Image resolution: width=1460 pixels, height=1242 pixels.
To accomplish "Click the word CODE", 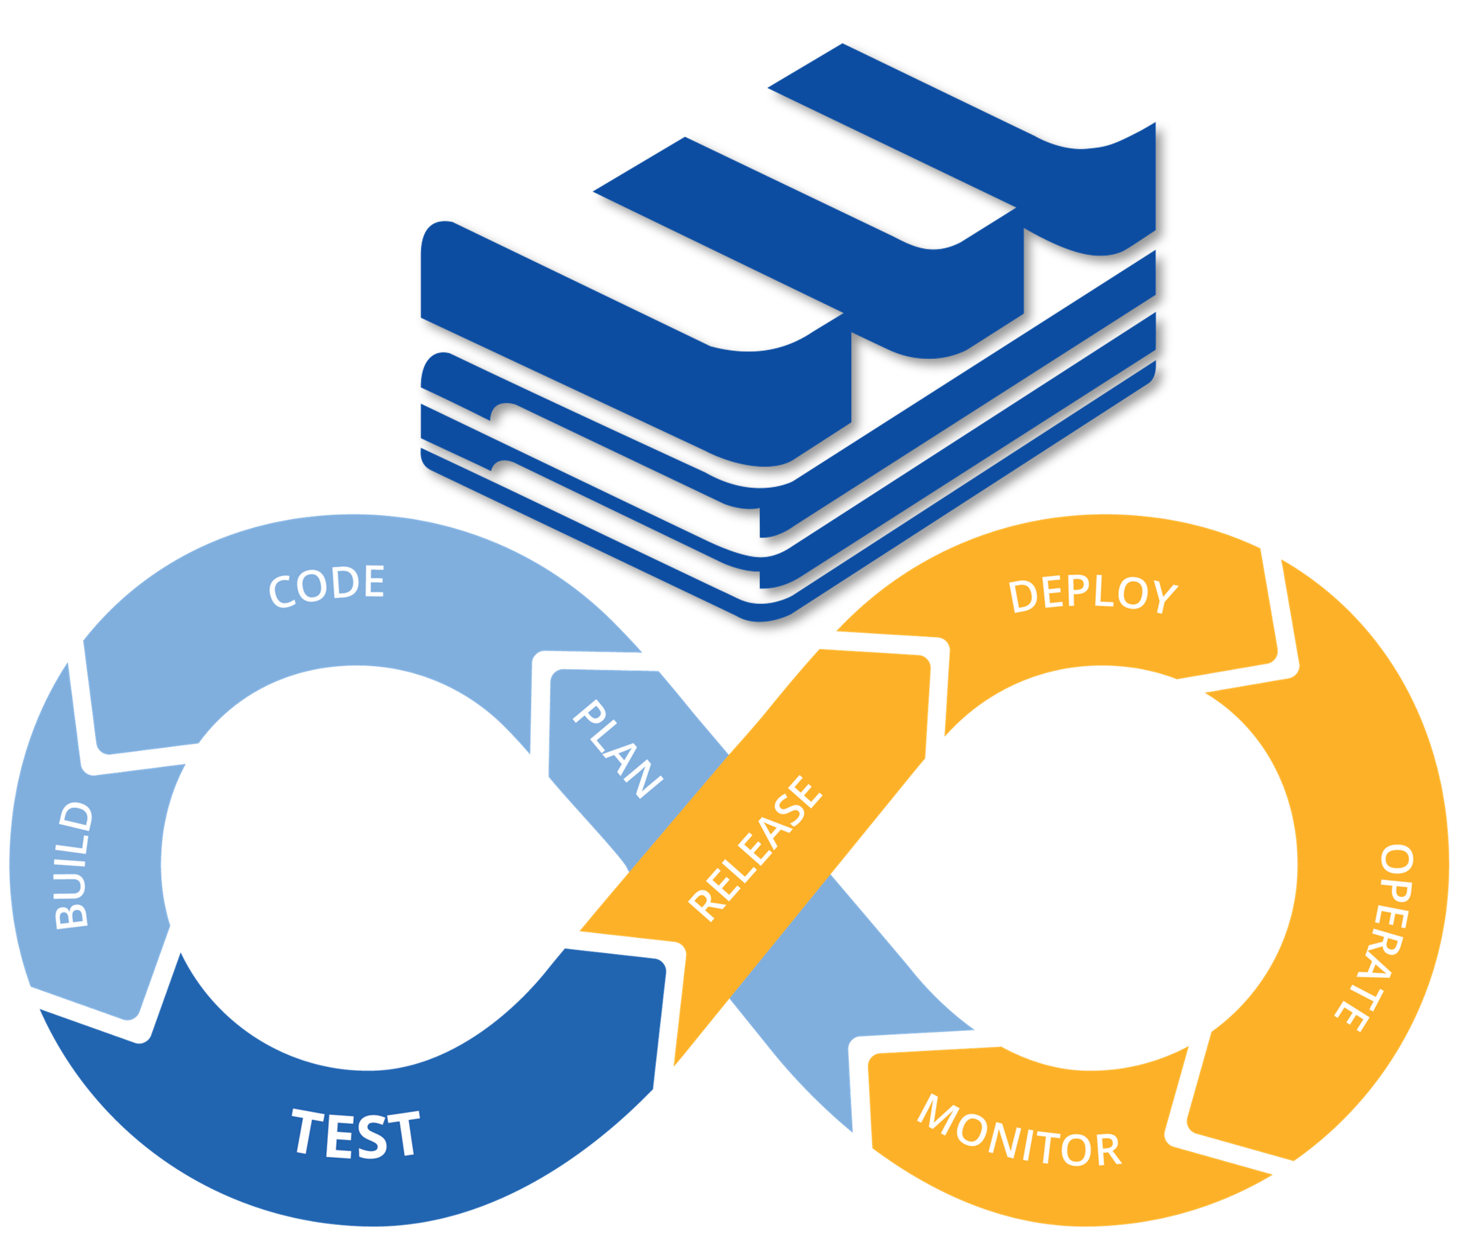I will click(327, 586).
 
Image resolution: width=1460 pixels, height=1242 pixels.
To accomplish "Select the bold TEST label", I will click(356, 1133).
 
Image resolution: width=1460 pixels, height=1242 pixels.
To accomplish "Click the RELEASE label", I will click(756, 848).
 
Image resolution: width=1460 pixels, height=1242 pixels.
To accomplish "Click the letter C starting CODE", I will click(283, 591).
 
